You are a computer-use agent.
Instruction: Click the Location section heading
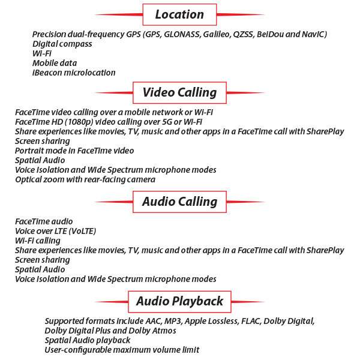[x=179, y=14]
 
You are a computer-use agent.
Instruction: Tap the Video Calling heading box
[x=179, y=92]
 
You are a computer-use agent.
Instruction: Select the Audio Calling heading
[x=179, y=202]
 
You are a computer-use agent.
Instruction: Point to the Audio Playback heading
[x=179, y=301]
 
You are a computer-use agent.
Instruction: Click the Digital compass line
[x=62, y=44]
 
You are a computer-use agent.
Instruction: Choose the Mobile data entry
[x=55, y=63]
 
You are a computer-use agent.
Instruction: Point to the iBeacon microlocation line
[x=74, y=73]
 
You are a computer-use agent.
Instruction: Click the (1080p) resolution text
[x=79, y=122]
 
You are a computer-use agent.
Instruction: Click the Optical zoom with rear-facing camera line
[x=85, y=180]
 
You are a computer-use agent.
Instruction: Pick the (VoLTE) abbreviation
[x=82, y=231]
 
